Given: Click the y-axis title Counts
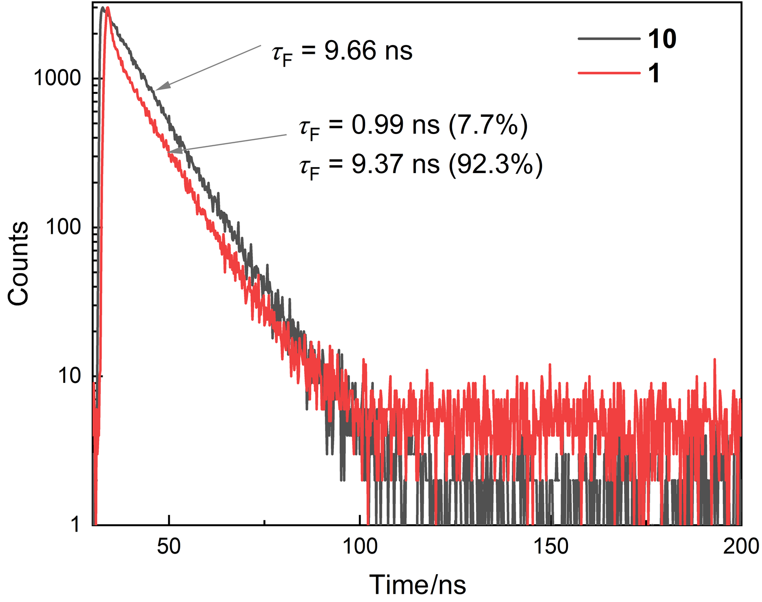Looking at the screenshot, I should (x=19, y=264).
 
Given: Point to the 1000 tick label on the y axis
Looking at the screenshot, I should (x=57, y=78).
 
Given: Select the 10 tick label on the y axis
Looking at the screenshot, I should (x=69, y=376).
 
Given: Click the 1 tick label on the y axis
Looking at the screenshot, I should (x=75, y=525).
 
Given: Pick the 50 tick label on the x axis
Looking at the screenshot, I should (x=169, y=546).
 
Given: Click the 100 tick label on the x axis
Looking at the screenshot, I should (x=360, y=546).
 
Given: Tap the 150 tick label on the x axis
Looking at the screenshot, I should (x=551, y=546).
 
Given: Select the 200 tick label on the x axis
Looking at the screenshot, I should (x=741, y=546).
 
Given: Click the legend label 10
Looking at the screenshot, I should (x=662, y=39).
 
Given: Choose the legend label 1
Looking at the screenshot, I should (x=654, y=73).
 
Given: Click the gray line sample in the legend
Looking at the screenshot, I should (x=609, y=38).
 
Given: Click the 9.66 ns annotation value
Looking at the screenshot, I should (x=368, y=50).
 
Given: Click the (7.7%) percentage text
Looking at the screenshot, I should (x=488, y=125).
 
